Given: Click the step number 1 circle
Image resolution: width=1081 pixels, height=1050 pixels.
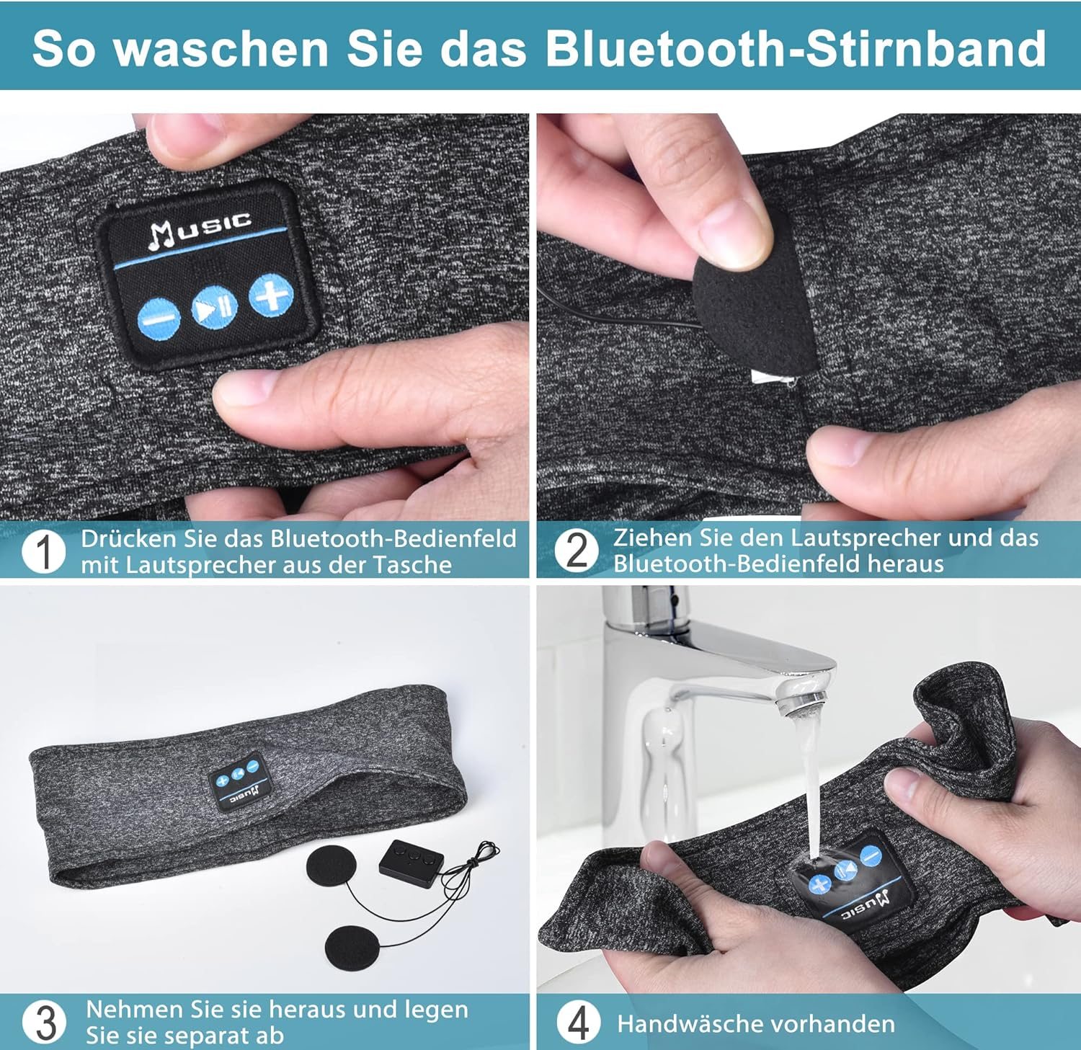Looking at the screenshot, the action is [44, 552].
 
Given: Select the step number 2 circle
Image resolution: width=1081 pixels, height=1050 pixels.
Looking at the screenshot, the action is [577, 551].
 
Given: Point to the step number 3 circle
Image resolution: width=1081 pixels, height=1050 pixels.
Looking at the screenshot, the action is [45, 1022].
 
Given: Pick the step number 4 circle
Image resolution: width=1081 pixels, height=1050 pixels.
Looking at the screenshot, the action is [578, 1023].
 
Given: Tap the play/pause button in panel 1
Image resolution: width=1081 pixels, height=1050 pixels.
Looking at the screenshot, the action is [215, 308].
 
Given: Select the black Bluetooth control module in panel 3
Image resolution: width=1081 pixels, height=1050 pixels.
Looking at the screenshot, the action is [412, 860].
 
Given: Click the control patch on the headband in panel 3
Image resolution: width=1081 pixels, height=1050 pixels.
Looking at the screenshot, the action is [237, 783].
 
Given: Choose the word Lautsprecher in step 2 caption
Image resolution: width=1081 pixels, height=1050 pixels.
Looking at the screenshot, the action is [866, 538].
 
